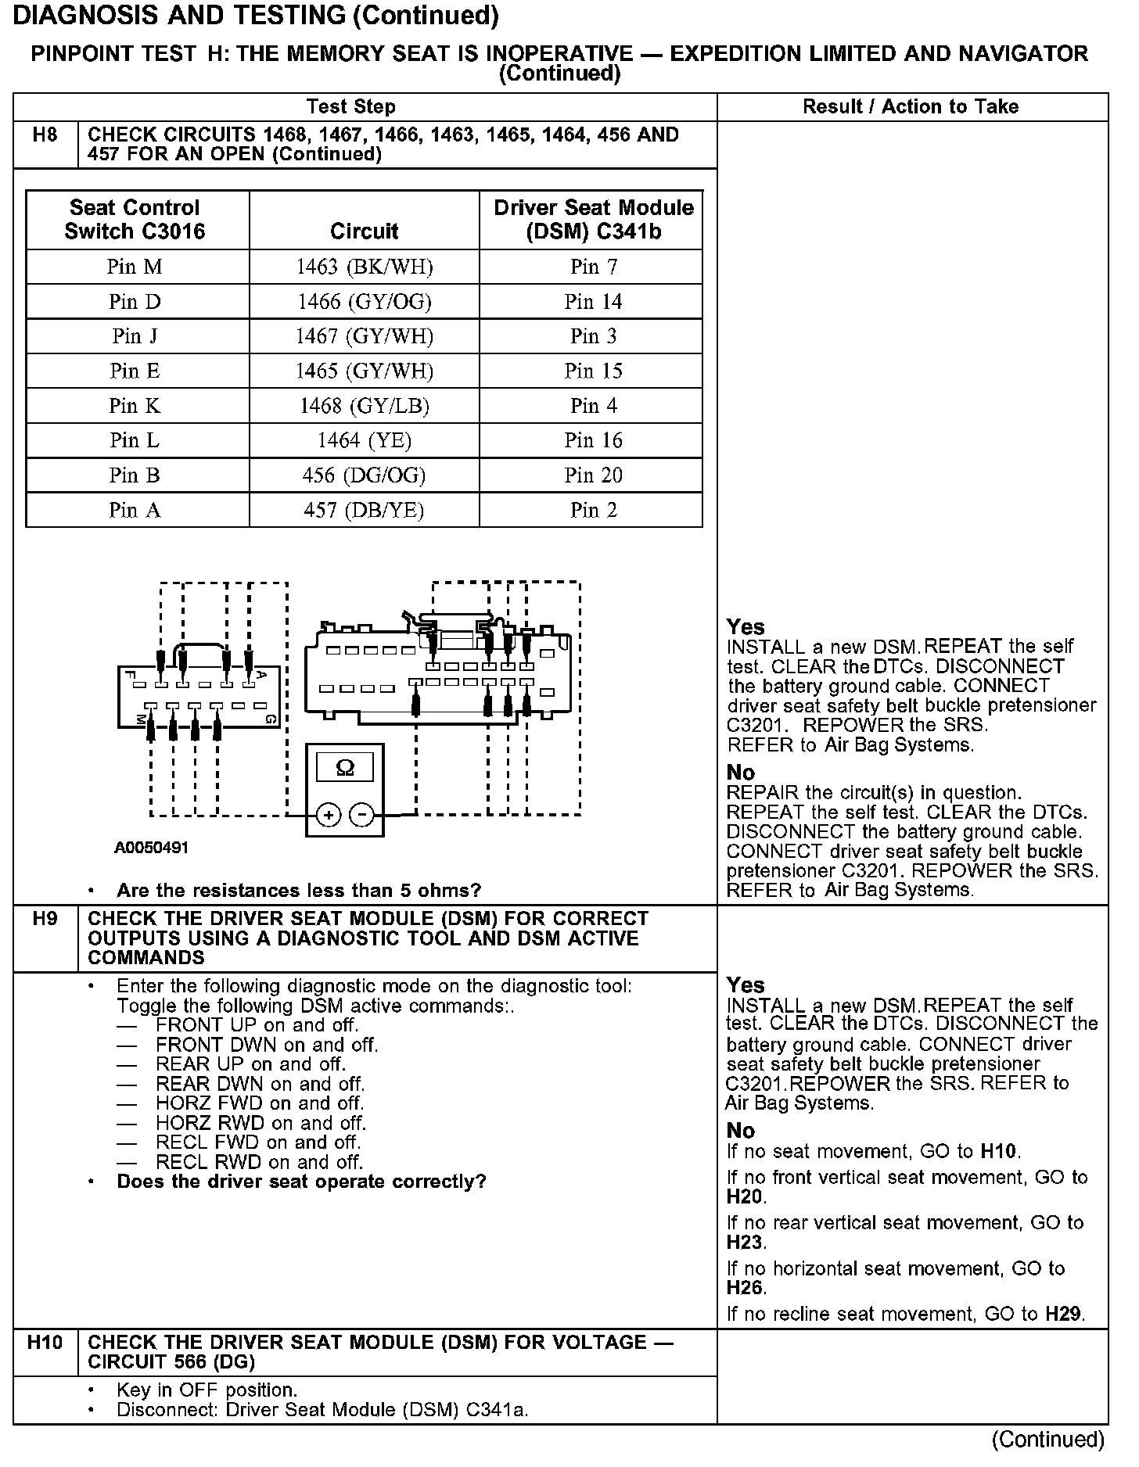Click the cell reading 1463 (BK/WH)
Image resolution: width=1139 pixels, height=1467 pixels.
coord(364,267)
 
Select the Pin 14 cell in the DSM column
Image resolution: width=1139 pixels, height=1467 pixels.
coord(593,302)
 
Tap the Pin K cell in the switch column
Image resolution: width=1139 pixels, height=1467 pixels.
coord(135,406)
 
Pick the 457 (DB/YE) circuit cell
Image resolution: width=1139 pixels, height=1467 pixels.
coord(364,511)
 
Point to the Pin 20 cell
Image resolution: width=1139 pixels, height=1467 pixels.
coord(593,475)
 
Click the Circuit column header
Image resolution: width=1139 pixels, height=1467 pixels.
coord(364,231)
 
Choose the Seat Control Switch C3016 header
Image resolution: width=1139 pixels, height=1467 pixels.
coord(135,220)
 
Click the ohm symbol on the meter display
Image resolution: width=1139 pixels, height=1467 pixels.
coord(344,769)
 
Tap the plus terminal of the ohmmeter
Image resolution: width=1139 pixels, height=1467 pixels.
coord(329,816)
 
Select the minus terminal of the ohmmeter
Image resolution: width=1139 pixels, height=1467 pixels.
coord(362,816)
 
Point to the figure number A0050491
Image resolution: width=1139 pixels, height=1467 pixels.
coord(152,848)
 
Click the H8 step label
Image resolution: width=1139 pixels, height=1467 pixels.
coord(45,135)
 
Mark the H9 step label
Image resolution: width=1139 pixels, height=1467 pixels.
coord(45,919)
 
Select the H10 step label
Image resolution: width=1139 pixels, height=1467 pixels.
coord(45,1343)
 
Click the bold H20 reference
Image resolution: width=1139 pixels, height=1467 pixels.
coord(745,1197)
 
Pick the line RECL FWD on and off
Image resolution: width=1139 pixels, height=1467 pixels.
coord(258,1142)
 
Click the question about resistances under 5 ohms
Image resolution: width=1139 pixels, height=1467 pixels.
coord(299,891)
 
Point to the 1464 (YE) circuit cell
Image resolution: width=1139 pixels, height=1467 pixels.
coord(364,441)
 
